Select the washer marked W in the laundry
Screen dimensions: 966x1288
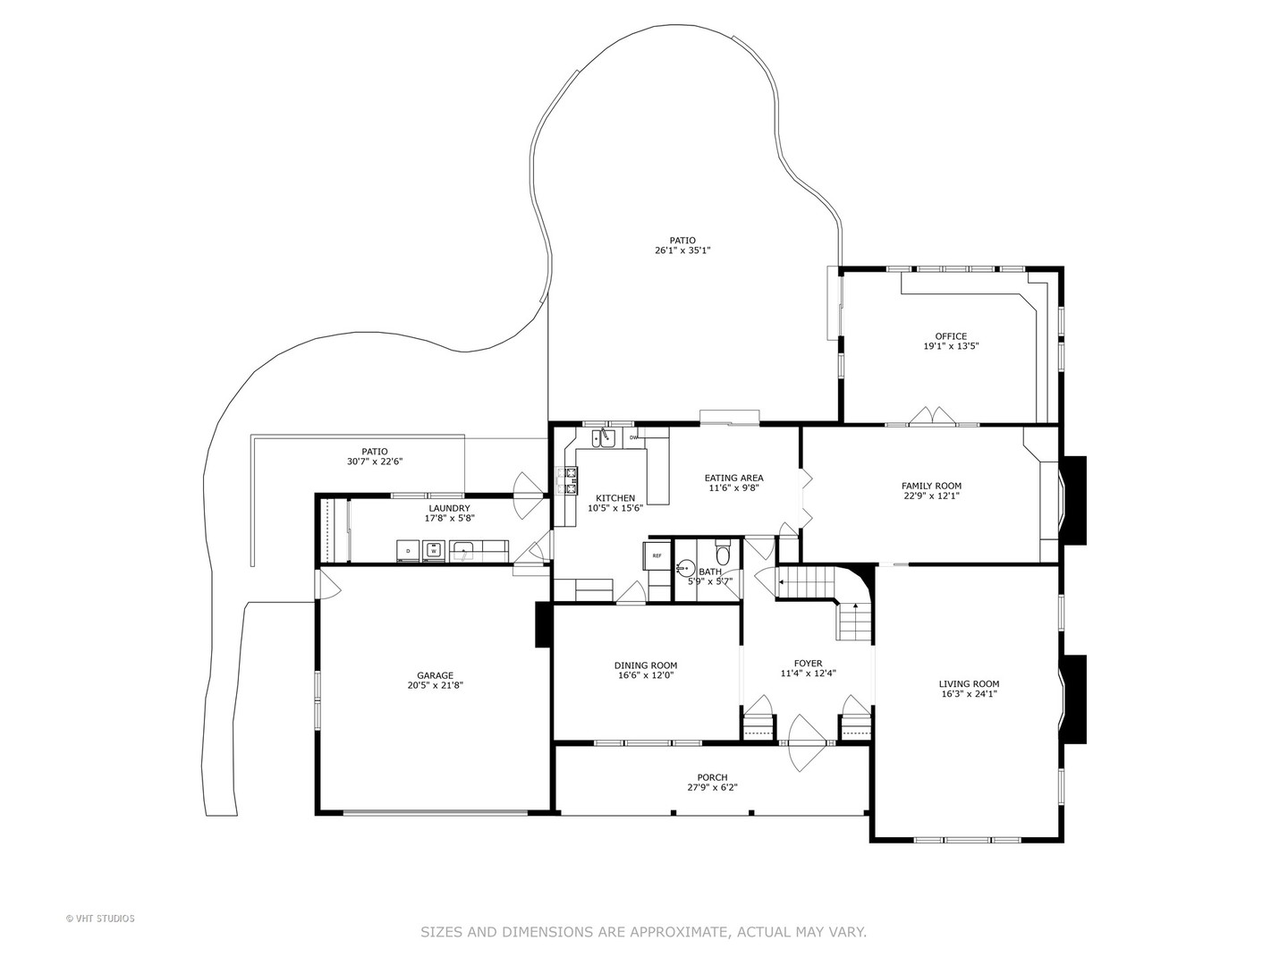(434, 550)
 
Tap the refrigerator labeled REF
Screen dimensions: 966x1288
(657, 555)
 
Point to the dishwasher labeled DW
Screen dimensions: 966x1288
(633, 437)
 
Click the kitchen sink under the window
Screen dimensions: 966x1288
(606, 437)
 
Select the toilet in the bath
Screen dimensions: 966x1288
(723, 554)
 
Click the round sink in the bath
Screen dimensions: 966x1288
(686, 566)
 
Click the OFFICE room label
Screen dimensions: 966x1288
(951, 336)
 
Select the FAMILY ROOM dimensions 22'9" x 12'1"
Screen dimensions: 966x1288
(931, 496)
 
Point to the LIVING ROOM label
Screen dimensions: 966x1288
(969, 683)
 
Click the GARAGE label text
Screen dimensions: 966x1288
(435, 675)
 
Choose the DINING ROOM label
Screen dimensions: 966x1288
(645, 665)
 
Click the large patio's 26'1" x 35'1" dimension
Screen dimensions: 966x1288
(682, 250)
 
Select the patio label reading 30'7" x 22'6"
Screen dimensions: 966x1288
(375, 462)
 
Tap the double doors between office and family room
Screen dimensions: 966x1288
(932, 417)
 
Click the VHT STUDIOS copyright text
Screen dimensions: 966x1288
(100, 918)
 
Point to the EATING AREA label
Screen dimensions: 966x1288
(733, 478)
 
